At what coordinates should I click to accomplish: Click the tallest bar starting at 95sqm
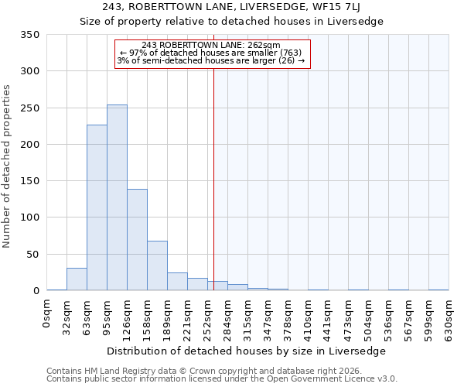click(117, 197)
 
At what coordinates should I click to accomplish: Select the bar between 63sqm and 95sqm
click(97, 207)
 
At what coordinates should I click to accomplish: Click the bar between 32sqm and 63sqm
click(77, 279)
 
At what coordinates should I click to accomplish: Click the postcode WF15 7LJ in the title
click(336, 7)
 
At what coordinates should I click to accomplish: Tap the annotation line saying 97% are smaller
click(212, 53)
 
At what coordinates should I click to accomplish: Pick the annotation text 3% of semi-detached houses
click(212, 60)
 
